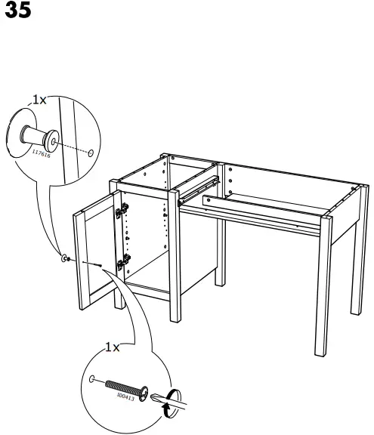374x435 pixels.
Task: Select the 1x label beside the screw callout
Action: (x=111, y=347)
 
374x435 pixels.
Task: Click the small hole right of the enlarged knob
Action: (x=91, y=153)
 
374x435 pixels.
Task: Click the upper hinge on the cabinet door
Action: (x=119, y=212)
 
